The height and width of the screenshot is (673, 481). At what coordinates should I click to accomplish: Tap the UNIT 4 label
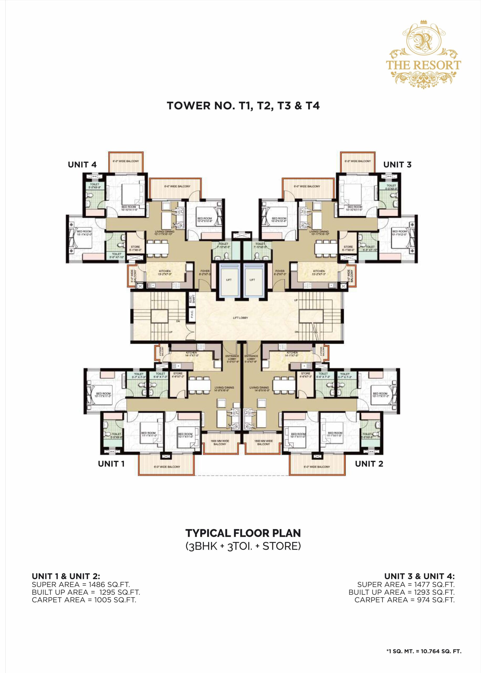82,165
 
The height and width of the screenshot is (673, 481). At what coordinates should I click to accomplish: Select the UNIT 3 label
397,165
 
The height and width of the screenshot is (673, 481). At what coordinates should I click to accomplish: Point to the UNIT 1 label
111,464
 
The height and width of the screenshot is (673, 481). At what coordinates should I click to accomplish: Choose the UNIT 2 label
369,464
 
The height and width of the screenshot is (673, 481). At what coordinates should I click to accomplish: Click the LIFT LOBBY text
240,318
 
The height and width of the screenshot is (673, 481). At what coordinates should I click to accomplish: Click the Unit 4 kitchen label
165,272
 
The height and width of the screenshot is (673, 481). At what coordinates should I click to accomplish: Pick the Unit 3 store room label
348,248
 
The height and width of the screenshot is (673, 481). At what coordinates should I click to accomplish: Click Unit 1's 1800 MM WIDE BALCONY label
219,442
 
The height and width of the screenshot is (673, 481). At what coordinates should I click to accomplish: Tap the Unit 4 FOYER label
205,272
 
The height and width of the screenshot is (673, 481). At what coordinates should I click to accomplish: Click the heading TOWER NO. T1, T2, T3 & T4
243,106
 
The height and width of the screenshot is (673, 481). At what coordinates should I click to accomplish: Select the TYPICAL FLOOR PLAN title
243,533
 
